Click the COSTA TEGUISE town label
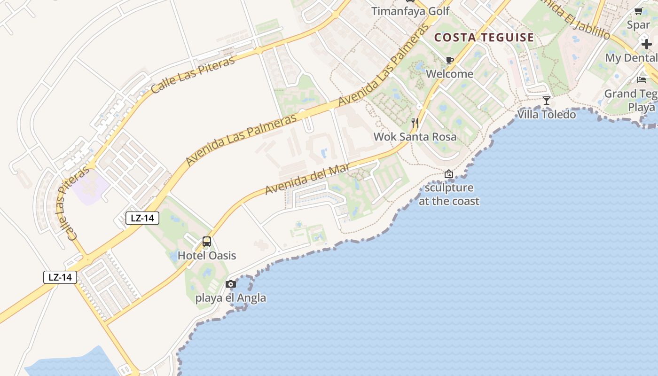tap(484, 38)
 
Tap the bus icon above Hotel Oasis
tap(206, 242)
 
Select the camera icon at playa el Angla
tap(230, 284)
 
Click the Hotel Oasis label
tap(207, 256)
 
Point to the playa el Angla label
tap(230, 298)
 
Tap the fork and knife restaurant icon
tap(415, 123)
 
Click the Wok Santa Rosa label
tap(415, 137)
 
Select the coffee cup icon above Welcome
tap(449, 60)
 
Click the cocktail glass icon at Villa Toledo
tap(546, 101)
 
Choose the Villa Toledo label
tap(546, 114)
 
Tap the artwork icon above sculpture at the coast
tap(449, 174)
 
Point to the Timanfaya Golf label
tap(410, 11)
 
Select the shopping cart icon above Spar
tap(638, 11)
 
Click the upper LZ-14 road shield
tap(142, 218)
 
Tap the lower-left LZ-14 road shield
tap(60, 277)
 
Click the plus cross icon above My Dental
tap(647, 44)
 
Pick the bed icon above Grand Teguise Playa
tap(642, 79)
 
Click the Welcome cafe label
tap(449, 74)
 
